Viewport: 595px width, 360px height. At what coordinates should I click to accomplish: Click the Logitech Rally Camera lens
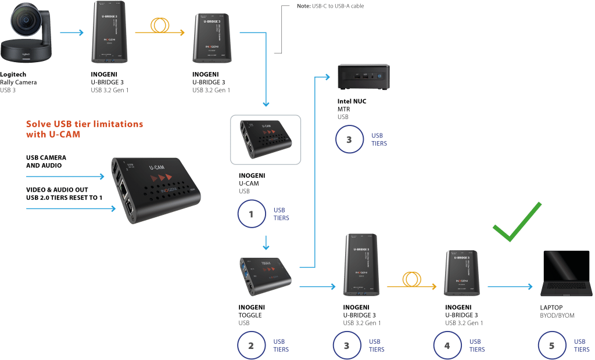[x=27, y=26]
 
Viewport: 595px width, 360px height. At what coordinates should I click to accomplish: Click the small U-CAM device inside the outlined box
[x=265, y=137]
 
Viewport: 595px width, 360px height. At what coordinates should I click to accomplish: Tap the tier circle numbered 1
[x=252, y=214]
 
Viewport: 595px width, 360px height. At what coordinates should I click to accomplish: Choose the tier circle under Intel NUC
[x=350, y=139]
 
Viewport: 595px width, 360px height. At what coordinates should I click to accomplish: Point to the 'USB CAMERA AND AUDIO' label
[x=46, y=161]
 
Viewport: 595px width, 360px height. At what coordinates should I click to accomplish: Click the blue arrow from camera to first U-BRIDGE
[x=72, y=33]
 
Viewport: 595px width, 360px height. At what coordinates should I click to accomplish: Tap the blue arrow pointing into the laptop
[x=510, y=286]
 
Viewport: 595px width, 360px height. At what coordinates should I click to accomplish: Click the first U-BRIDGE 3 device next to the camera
[x=107, y=35]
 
